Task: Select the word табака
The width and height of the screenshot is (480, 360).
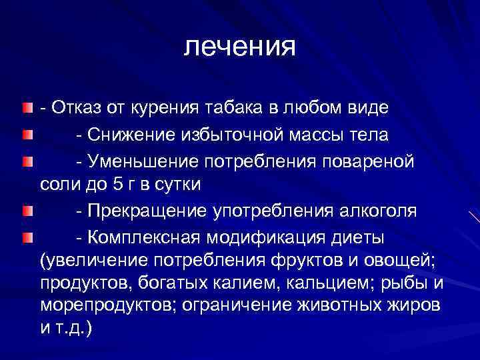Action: point(253,107)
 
